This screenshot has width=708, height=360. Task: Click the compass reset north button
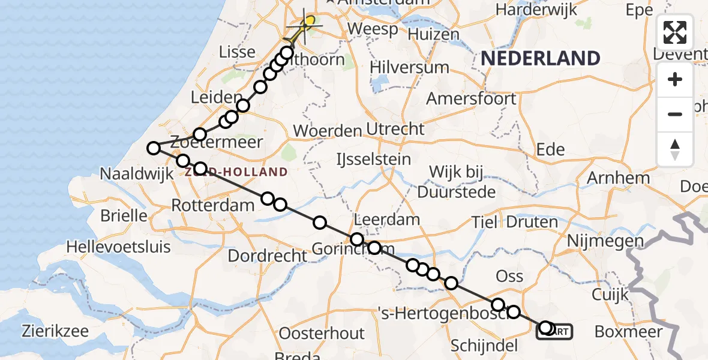[x=675, y=149]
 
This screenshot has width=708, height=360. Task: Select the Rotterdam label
[x=213, y=205]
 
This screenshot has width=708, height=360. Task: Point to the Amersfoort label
[x=472, y=98]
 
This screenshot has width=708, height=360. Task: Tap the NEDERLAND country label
[x=540, y=59]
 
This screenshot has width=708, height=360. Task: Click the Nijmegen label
[x=606, y=242]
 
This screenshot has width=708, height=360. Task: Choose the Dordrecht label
[x=268, y=256]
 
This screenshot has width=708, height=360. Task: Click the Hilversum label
[x=409, y=67]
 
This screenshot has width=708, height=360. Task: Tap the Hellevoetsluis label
[x=118, y=247]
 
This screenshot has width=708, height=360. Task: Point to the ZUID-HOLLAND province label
[x=236, y=172]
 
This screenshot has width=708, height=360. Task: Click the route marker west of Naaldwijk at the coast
[x=154, y=148]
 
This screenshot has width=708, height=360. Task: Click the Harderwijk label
[x=537, y=10]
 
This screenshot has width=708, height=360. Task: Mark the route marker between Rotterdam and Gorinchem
[x=320, y=223]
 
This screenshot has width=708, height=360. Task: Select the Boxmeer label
[x=628, y=332]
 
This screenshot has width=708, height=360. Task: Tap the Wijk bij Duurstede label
[x=457, y=182]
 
